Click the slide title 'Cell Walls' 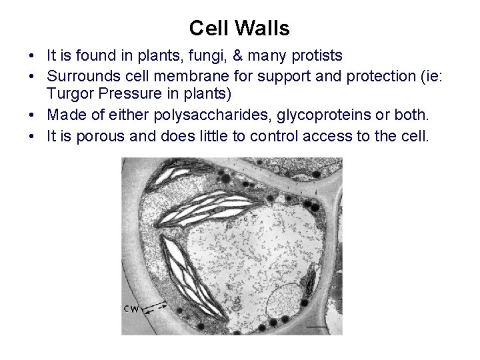pyautogui.click(x=239, y=28)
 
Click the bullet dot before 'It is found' pyautogui.click(x=37, y=54)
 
